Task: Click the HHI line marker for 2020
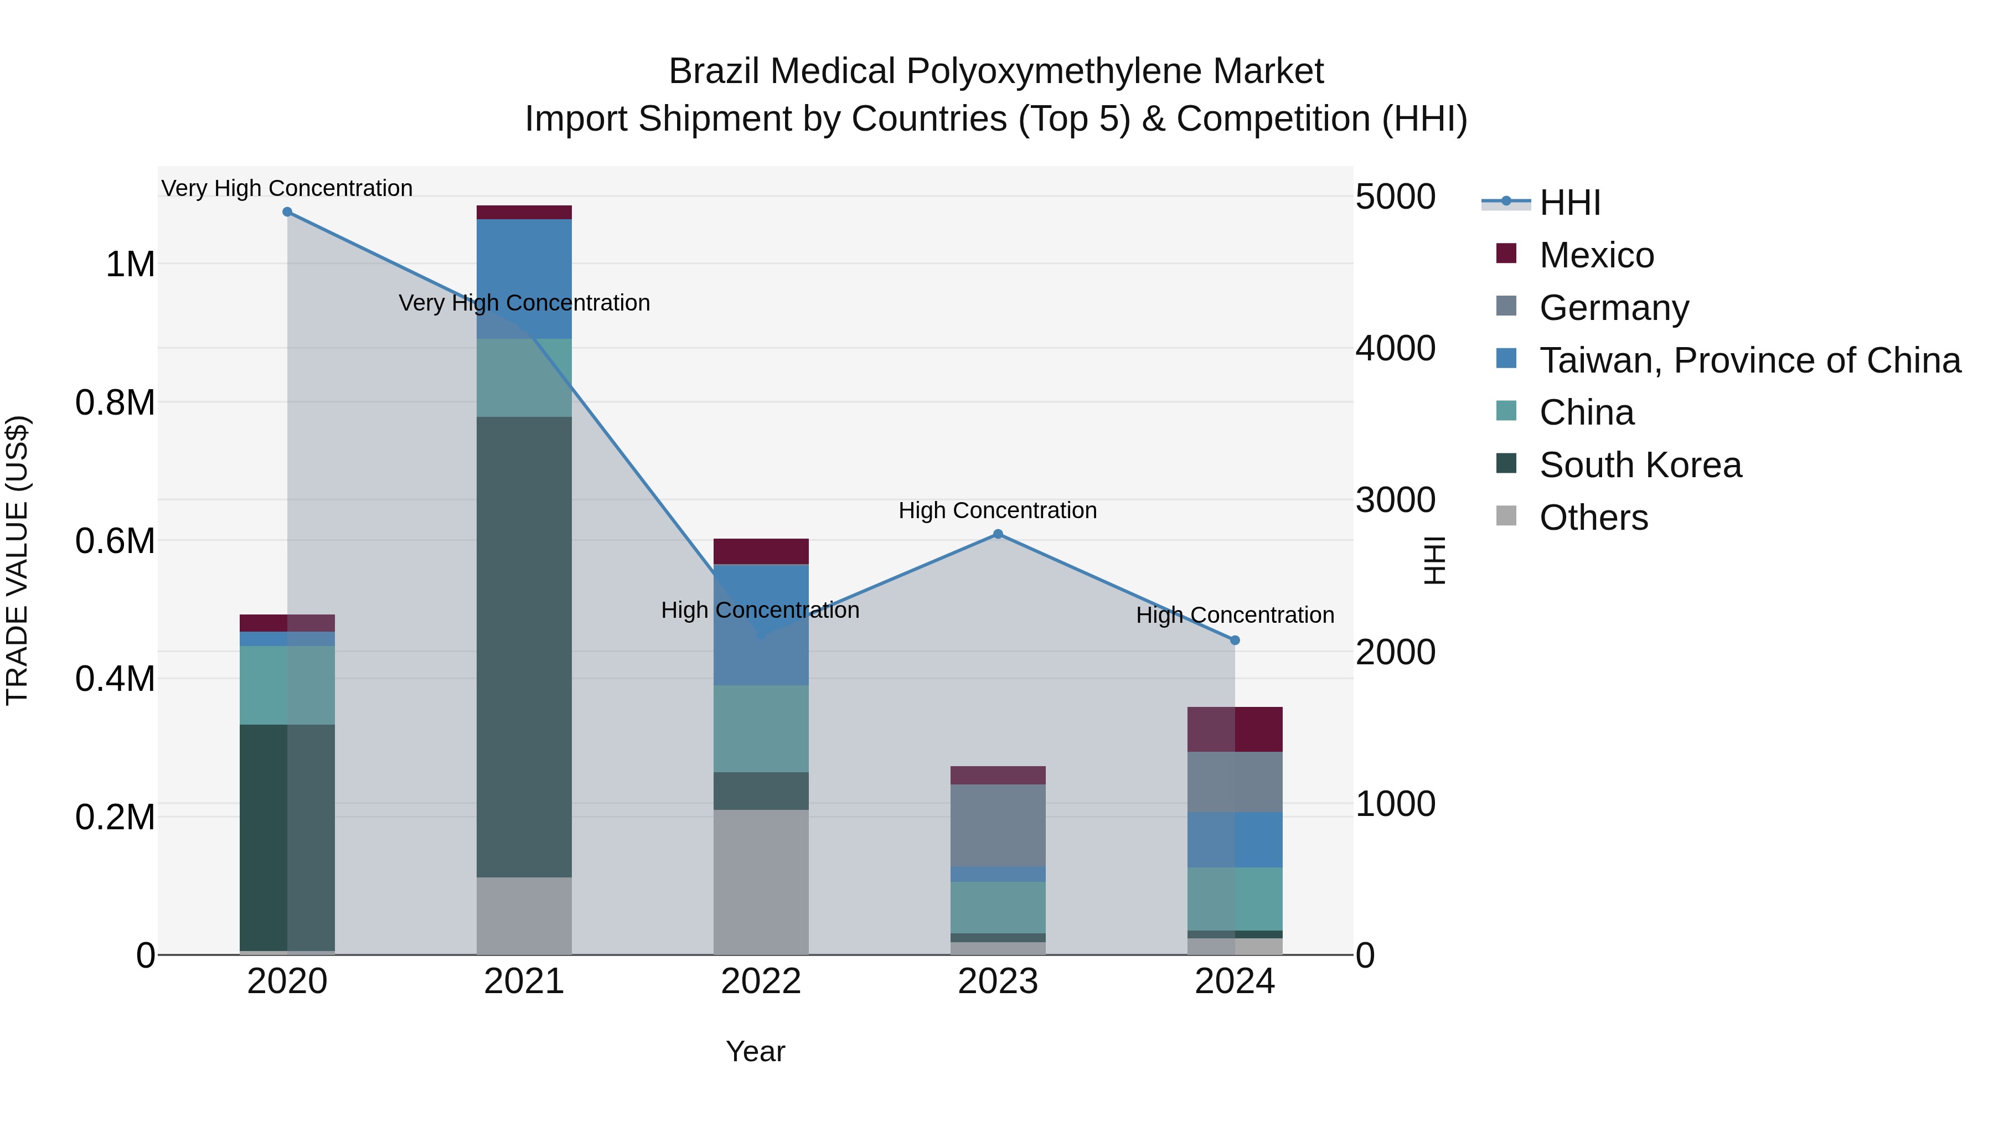click(x=287, y=212)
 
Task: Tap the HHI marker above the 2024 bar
click(x=1235, y=640)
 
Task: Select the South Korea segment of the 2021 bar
click(x=524, y=647)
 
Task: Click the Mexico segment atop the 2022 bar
click(x=761, y=551)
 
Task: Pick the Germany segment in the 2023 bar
click(x=998, y=825)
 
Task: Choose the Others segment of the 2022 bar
click(x=761, y=882)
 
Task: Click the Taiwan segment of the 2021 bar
click(x=524, y=278)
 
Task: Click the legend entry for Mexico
click(x=1596, y=255)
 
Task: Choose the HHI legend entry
click(x=1569, y=203)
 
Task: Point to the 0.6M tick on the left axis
click(x=115, y=541)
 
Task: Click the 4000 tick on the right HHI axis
click(x=1395, y=348)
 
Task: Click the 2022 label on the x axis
click(x=761, y=981)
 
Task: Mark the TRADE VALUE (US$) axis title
click(x=17, y=560)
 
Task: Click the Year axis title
click(x=755, y=1051)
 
